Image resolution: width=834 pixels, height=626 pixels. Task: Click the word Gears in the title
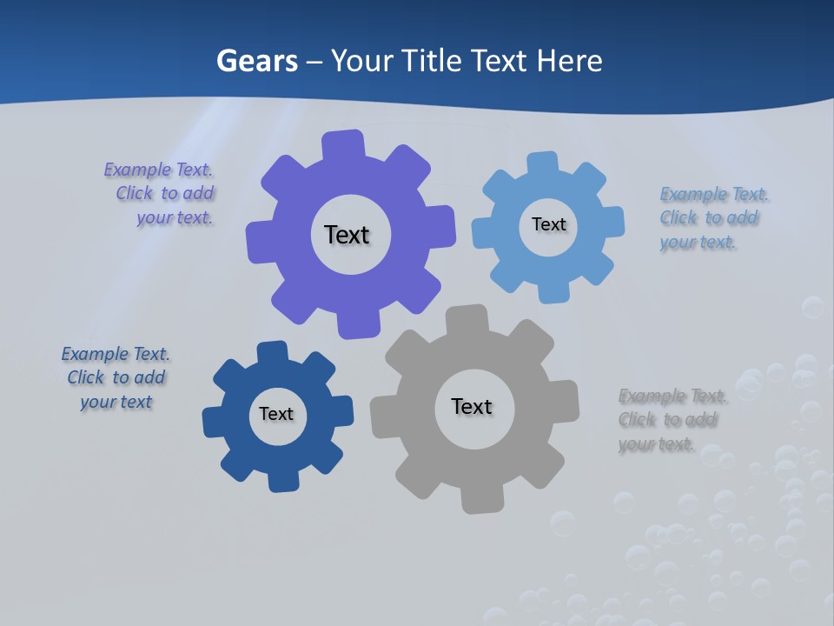coord(256,61)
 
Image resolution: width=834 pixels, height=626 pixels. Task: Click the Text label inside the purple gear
coord(347,235)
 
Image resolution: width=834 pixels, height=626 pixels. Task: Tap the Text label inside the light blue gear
coord(548,224)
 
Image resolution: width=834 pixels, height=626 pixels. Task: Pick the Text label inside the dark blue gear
coord(276,414)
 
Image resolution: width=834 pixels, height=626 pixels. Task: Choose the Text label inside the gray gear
coord(472,406)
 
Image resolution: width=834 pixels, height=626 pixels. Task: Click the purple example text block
coord(161,194)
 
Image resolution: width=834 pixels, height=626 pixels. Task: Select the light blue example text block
coord(712,218)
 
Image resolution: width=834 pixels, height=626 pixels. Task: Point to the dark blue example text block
coord(116,377)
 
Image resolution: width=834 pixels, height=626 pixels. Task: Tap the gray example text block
coord(671,420)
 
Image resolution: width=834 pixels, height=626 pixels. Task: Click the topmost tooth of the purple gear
coord(343,144)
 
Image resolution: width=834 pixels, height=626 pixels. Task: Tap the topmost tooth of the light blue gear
coord(543,164)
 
